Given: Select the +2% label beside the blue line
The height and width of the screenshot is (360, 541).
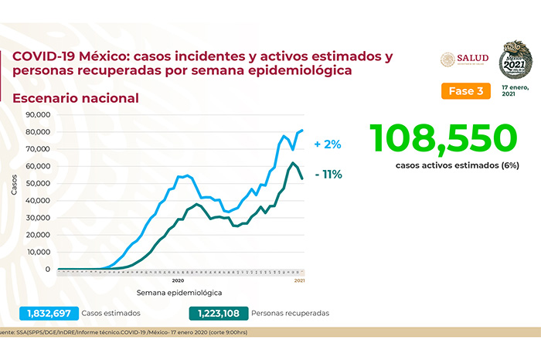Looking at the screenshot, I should point(328,144).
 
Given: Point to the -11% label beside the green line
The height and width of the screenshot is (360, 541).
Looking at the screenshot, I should point(328,174).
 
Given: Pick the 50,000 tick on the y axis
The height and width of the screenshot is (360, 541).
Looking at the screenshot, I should point(38,183).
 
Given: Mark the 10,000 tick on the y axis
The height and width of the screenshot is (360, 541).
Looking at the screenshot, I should point(38,252).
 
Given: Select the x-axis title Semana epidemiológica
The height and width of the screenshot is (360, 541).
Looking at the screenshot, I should point(179,294).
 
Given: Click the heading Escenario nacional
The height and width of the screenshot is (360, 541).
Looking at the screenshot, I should point(75,98).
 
